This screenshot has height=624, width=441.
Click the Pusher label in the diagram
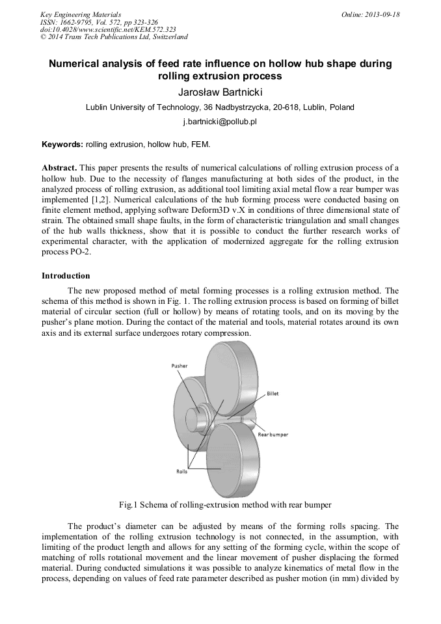[x=180, y=366]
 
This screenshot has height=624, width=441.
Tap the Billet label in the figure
[x=273, y=394]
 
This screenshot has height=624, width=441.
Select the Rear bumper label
[x=273, y=434]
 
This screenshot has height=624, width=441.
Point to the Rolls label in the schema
[x=181, y=471]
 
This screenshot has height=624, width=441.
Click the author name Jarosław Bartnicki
[x=220, y=92]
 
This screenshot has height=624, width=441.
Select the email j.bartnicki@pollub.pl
[x=220, y=122]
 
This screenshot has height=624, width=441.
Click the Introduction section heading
[x=66, y=276]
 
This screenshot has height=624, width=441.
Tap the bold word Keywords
[x=62, y=144]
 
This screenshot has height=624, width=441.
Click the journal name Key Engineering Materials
[x=81, y=14]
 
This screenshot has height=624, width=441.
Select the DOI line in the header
[x=107, y=29]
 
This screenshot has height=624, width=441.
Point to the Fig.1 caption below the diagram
[x=220, y=505]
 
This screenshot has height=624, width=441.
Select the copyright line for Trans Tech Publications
[x=113, y=37]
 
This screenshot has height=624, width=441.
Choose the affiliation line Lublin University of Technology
[x=220, y=107]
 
